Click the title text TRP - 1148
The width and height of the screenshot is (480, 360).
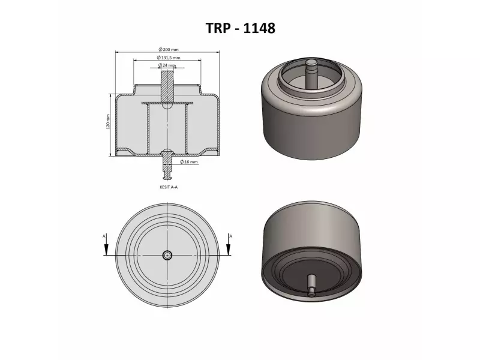240,28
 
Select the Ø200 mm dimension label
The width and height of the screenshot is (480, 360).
167,50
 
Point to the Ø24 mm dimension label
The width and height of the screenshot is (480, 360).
167,65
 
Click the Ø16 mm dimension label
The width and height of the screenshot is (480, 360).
189,162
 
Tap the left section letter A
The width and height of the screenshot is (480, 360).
104,236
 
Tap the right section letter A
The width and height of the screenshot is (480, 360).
230,236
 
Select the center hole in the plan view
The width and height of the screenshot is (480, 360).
167,254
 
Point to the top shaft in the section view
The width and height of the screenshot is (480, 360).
167,84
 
